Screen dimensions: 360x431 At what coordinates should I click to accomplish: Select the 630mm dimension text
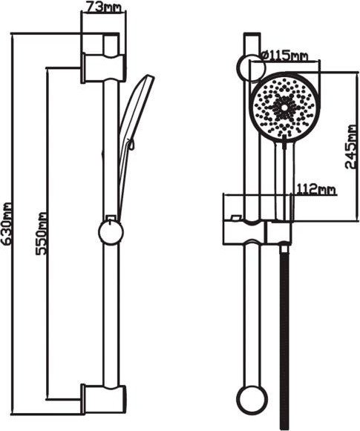click(6, 223)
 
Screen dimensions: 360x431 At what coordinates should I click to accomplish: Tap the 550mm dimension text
click(42, 234)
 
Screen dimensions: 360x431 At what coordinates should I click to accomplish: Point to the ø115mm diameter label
click(284, 56)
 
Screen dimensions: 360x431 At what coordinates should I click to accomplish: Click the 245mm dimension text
click(350, 146)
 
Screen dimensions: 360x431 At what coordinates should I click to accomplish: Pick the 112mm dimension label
click(316, 189)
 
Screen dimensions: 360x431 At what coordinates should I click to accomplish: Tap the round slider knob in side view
click(111, 232)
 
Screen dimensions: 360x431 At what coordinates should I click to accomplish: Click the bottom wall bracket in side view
click(103, 399)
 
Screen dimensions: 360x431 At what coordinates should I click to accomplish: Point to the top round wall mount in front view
click(252, 68)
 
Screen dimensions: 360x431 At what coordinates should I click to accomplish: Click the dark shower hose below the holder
click(285, 338)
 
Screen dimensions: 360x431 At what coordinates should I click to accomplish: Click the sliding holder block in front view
click(257, 232)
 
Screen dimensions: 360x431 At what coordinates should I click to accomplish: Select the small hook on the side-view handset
click(132, 145)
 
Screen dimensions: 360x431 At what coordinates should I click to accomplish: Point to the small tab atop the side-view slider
click(111, 218)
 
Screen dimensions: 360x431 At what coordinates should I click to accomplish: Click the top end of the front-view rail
click(252, 33)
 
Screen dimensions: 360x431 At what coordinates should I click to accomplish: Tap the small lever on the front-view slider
click(236, 217)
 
